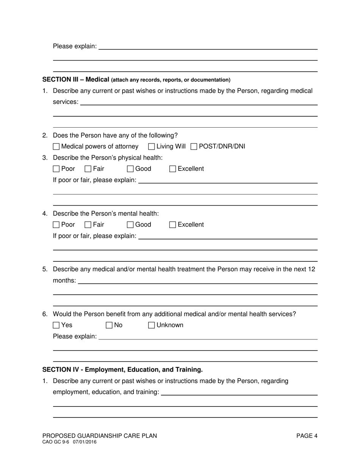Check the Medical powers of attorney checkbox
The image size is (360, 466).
click(x=56, y=147)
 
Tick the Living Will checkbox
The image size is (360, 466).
click(x=152, y=147)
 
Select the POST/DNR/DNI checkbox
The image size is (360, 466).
click(x=194, y=147)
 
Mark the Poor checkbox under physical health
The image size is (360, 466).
click(x=56, y=169)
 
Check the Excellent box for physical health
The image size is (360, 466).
click(x=173, y=169)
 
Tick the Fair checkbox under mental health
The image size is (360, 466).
click(x=88, y=225)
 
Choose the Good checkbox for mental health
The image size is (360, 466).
click(x=130, y=225)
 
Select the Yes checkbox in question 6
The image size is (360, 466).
click(x=56, y=325)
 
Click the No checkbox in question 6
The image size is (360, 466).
click(x=110, y=325)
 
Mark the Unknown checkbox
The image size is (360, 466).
click(x=152, y=325)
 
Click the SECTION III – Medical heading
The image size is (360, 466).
click(x=76, y=80)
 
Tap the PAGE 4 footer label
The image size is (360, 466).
click(x=307, y=436)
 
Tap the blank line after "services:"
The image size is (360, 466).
click(x=199, y=103)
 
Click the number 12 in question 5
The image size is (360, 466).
click(x=311, y=269)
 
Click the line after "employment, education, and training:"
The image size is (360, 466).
click(x=239, y=393)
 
